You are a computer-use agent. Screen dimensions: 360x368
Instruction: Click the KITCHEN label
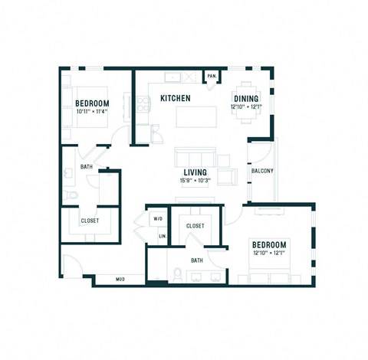click(175, 99)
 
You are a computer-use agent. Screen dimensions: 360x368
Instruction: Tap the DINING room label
click(245, 99)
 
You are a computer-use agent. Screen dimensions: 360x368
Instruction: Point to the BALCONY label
click(263, 171)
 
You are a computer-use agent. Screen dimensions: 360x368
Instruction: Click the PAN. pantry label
click(211, 76)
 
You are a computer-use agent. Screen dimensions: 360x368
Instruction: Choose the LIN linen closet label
click(162, 236)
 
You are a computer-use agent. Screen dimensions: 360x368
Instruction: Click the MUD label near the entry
click(120, 279)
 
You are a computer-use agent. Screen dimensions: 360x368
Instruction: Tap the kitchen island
click(192, 117)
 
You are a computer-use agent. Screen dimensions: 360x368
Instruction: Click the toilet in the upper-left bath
click(71, 197)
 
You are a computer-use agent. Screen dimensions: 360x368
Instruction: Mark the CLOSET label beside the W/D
click(195, 226)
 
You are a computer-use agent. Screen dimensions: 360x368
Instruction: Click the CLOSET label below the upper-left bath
click(90, 221)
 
